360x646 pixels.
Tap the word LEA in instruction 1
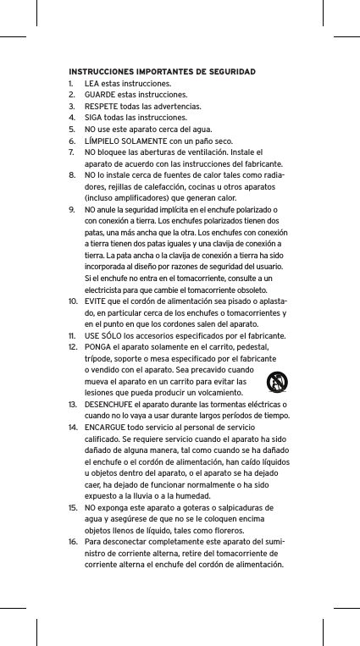click(93, 84)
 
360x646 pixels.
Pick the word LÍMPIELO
click(103, 141)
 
